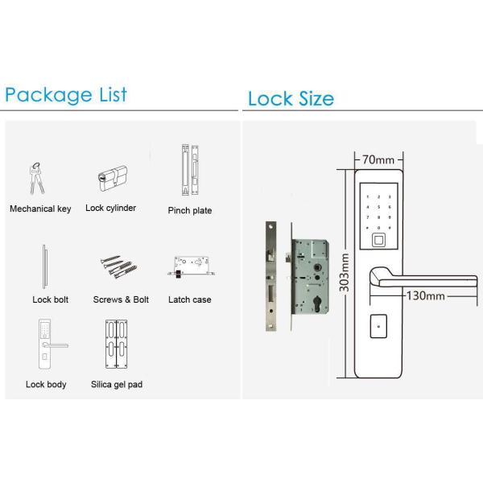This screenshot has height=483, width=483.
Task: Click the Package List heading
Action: click(x=66, y=94)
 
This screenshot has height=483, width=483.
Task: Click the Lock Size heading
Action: click(x=291, y=99)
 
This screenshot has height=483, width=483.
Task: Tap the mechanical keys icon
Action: click(x=37, y=180)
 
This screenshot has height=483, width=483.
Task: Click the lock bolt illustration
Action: click(x=45, y=267)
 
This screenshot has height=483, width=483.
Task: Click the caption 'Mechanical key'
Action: click(x=40, y=208)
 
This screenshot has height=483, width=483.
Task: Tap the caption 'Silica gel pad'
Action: click(x=117, y=385)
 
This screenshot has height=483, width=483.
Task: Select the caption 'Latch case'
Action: click(x=190, y=299)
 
